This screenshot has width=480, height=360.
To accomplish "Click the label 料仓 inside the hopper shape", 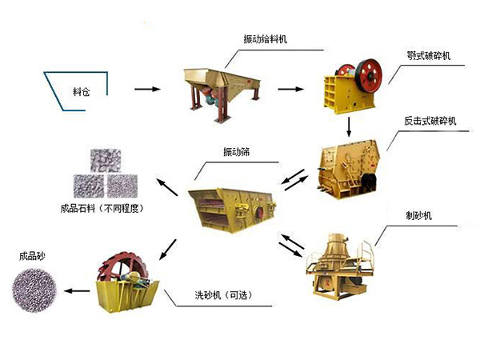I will click(x=81, y=92).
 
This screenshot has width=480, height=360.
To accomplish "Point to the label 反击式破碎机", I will click(x=430, y=120).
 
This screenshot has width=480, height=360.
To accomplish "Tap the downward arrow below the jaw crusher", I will click(x=350, y=126).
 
